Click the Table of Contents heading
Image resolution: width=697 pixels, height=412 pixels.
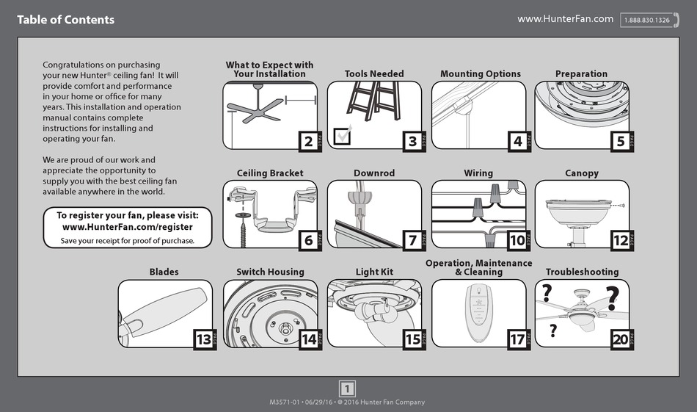66,20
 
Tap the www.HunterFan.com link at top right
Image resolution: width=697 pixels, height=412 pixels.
565,19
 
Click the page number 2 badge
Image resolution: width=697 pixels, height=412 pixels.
309,141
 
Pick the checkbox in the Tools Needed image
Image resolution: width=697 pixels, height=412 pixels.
342,135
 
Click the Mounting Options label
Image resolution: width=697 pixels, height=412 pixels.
480,74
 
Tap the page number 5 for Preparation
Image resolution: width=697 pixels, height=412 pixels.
621,141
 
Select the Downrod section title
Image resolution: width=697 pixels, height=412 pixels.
374,173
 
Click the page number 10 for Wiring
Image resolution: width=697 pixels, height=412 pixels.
517,240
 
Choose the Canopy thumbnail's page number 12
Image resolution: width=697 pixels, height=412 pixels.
621,240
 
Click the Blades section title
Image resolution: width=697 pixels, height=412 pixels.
164,272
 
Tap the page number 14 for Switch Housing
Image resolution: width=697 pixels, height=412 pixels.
309,339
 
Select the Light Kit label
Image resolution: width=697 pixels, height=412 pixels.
374,272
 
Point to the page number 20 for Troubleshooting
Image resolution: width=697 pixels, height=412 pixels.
621,339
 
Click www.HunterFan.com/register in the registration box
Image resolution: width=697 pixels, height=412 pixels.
128,227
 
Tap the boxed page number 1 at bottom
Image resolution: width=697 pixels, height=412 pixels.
348,388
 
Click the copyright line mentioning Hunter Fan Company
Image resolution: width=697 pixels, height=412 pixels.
348,402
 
